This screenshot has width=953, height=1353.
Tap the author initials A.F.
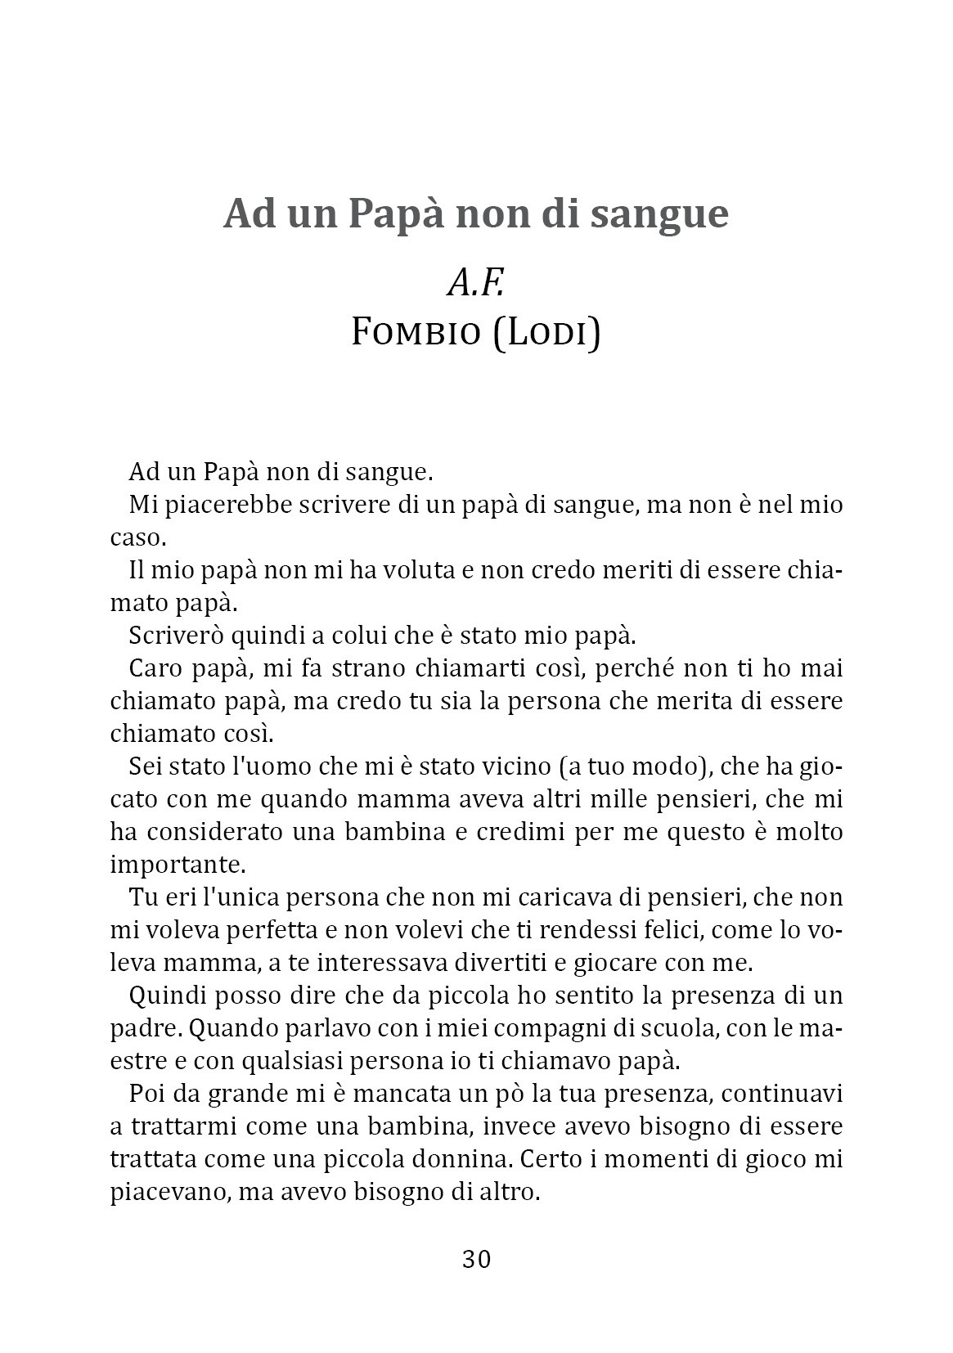[475, 283]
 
